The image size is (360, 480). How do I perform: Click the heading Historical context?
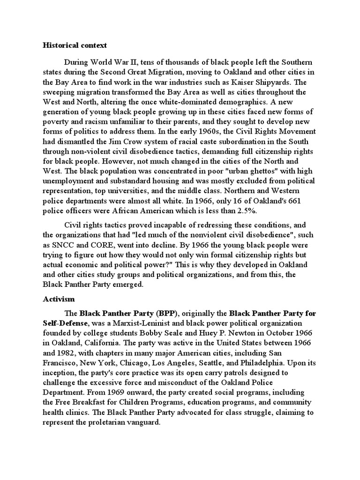point(75,45)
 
